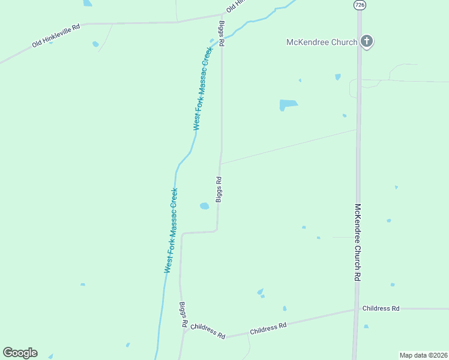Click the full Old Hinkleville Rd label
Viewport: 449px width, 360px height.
click(x=56, y=36)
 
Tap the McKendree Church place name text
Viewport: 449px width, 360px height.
click(x=322, y=42)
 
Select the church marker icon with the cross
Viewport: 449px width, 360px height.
click(x=367, y=41)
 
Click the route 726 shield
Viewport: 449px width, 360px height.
click(x=359, y=5)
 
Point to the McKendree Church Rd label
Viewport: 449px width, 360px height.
click(x=357, y=242)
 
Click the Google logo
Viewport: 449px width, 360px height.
click(x=20, y=353)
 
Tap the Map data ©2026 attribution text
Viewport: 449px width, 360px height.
click(x=423, y=355)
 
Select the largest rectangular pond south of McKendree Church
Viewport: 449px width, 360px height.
click(x=288, y=104)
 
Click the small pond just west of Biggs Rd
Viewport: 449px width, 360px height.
click(x=204, y=206)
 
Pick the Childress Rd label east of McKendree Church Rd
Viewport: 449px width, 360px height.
click(x=381, y=308)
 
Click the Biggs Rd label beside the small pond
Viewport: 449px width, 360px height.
click(x=219, y=189)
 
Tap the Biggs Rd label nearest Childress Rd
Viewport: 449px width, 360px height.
click(x=182, y=314)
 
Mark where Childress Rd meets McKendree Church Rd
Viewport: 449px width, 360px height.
click(x=357, y=310)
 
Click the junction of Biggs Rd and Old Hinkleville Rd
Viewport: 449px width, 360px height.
click(x=223, y=16)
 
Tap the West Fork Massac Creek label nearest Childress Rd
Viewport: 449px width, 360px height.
click(x=172, y=232)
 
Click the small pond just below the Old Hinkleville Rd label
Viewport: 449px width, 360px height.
click(x=95, y=44)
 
